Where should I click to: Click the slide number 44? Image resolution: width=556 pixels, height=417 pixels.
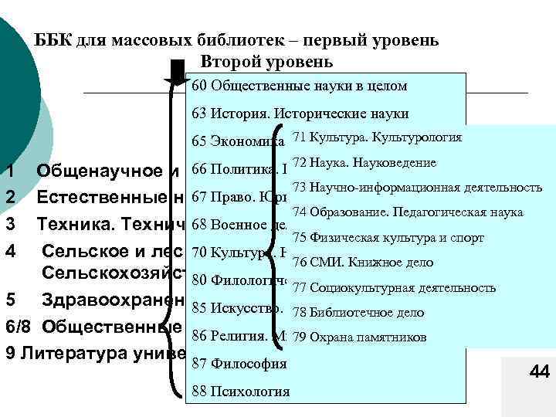tap(539, 372)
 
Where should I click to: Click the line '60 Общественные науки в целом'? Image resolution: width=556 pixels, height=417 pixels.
tap(299, 86)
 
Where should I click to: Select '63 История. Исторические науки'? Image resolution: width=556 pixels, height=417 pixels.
tap(300, 114)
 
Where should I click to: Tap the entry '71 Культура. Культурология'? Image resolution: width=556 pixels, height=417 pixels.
tap(377, 137)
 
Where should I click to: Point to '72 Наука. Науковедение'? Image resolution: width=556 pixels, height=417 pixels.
tap(364, 162)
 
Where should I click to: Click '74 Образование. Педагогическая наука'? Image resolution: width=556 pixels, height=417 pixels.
tap(408, 212)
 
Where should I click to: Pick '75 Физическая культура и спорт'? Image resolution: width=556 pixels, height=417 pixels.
tap(388, 237)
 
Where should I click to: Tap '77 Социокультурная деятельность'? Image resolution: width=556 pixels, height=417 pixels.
tap(394, 288)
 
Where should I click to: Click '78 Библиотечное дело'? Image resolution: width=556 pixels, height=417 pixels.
tap(358, 313)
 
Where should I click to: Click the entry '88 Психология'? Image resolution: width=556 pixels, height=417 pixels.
tap(240, 391)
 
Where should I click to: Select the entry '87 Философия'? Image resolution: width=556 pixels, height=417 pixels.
tap(239, 364)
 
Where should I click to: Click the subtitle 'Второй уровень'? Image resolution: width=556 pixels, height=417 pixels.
tap(266, 61)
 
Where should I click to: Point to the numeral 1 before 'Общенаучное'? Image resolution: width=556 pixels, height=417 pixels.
tap(8, 170)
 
